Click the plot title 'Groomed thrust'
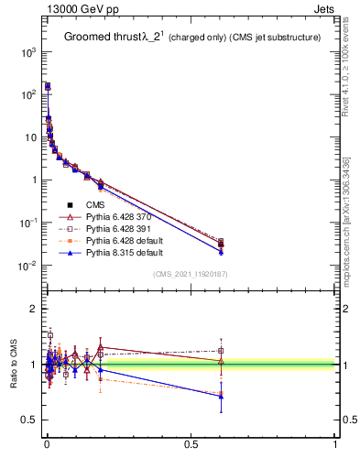[100, 38]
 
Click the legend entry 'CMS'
[96, 204]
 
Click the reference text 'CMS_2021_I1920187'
[190, 274]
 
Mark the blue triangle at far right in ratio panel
[221, 397]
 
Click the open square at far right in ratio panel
[221, 350]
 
